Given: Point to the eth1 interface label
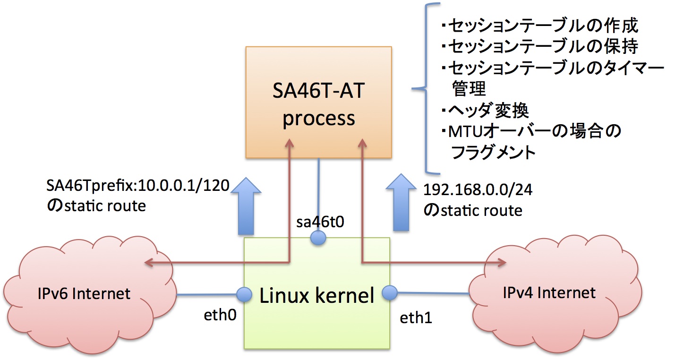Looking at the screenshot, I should pos(416,317).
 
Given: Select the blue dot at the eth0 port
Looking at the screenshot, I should pos(244,295).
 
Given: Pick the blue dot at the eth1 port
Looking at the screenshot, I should pos(390,293).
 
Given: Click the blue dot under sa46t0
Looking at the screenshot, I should pos(319,238).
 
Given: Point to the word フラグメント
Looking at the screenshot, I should pos(494,152).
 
